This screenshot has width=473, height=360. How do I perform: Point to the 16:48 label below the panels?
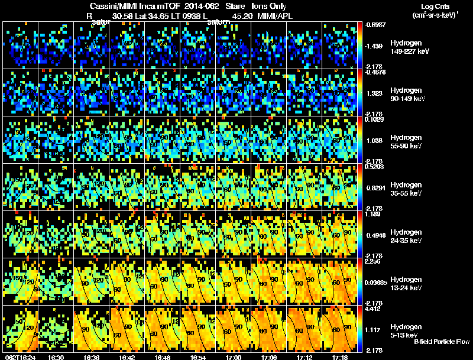[163, 356]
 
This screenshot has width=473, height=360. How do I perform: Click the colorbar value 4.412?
[374, 309]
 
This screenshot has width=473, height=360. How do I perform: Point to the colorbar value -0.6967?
[376, 25]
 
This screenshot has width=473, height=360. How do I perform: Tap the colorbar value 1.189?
[374, 215]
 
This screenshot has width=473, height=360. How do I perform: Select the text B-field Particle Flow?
[441, 342]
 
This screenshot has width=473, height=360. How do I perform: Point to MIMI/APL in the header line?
[275, 17]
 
